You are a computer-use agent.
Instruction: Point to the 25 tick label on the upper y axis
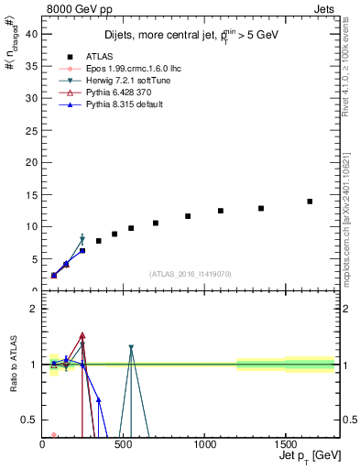(x=32, y=129)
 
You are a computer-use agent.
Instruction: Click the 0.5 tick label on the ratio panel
(x=30, y=420)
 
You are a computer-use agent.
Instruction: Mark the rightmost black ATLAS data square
(x=310, y=202)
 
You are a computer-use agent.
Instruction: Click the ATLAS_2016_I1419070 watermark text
(x=190, y=273)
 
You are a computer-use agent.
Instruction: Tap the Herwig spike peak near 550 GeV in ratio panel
(x=131, y=347)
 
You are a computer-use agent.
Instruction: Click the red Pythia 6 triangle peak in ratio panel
(x=82, y=335)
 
